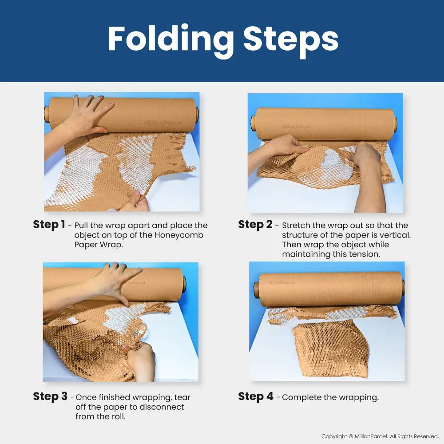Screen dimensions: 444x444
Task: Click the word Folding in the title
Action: tap(171, 40)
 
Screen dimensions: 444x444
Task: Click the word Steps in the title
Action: tap(291, 40)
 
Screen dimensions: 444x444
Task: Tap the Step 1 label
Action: tap(49, 224)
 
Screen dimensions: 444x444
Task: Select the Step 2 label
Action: tap(255, 224)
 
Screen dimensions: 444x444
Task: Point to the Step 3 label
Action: tap(50, 396)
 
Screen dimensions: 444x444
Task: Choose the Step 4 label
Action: tap(256, 396)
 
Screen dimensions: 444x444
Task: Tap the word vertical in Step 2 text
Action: tap(395, 235)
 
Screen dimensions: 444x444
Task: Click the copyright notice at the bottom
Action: tap(380, 436)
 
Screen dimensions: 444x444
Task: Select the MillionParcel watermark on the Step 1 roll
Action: tap(163, 123)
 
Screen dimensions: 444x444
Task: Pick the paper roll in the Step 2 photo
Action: tap(324, 124)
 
